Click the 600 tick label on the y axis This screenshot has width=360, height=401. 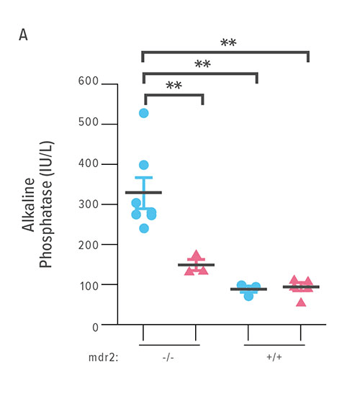click(x=89, y=84)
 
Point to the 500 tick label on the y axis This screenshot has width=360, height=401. click(x=89, y=125)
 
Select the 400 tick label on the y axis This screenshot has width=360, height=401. click(x=89, y=165)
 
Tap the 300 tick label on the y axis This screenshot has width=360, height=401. click(x=89, y=204)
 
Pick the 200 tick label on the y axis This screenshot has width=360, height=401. click(x=89, y=245)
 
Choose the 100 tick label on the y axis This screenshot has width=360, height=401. click(x=89, y=285)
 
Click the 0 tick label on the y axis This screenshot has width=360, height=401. click(x=94, y=325)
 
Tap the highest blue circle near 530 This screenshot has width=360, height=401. click(x=144, y=113)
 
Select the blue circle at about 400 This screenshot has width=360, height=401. click(x=144, y=166)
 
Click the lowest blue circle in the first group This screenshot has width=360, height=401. click(x=144, y=228)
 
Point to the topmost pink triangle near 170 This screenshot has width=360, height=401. click(x=196, y=256)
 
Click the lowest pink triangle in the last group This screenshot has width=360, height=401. click(x=301, y=301)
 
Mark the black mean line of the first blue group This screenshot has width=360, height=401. click(x=143, y=192)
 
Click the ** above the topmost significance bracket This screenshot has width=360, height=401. click(x=228, y=43)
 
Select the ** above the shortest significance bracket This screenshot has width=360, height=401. click(x=174, y=86)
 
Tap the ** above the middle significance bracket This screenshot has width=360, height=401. click(x=202, y=65)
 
